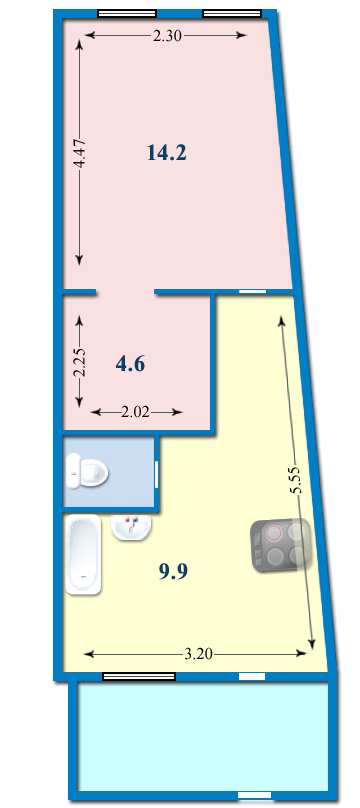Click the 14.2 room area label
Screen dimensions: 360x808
166,153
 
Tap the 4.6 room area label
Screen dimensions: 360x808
130,364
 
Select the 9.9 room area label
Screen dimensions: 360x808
173,571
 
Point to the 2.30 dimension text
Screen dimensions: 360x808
167,36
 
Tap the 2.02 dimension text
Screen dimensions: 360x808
135,412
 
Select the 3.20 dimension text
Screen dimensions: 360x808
198,654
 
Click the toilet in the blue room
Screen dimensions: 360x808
87,471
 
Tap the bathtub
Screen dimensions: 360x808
83,556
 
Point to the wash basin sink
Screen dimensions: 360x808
131,528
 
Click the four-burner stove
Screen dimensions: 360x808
281,545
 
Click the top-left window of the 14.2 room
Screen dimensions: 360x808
127,13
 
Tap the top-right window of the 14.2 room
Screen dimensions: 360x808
232,13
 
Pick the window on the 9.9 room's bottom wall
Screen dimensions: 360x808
139,676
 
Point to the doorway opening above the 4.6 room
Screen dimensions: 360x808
125,293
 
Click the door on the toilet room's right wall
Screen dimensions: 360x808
157,474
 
